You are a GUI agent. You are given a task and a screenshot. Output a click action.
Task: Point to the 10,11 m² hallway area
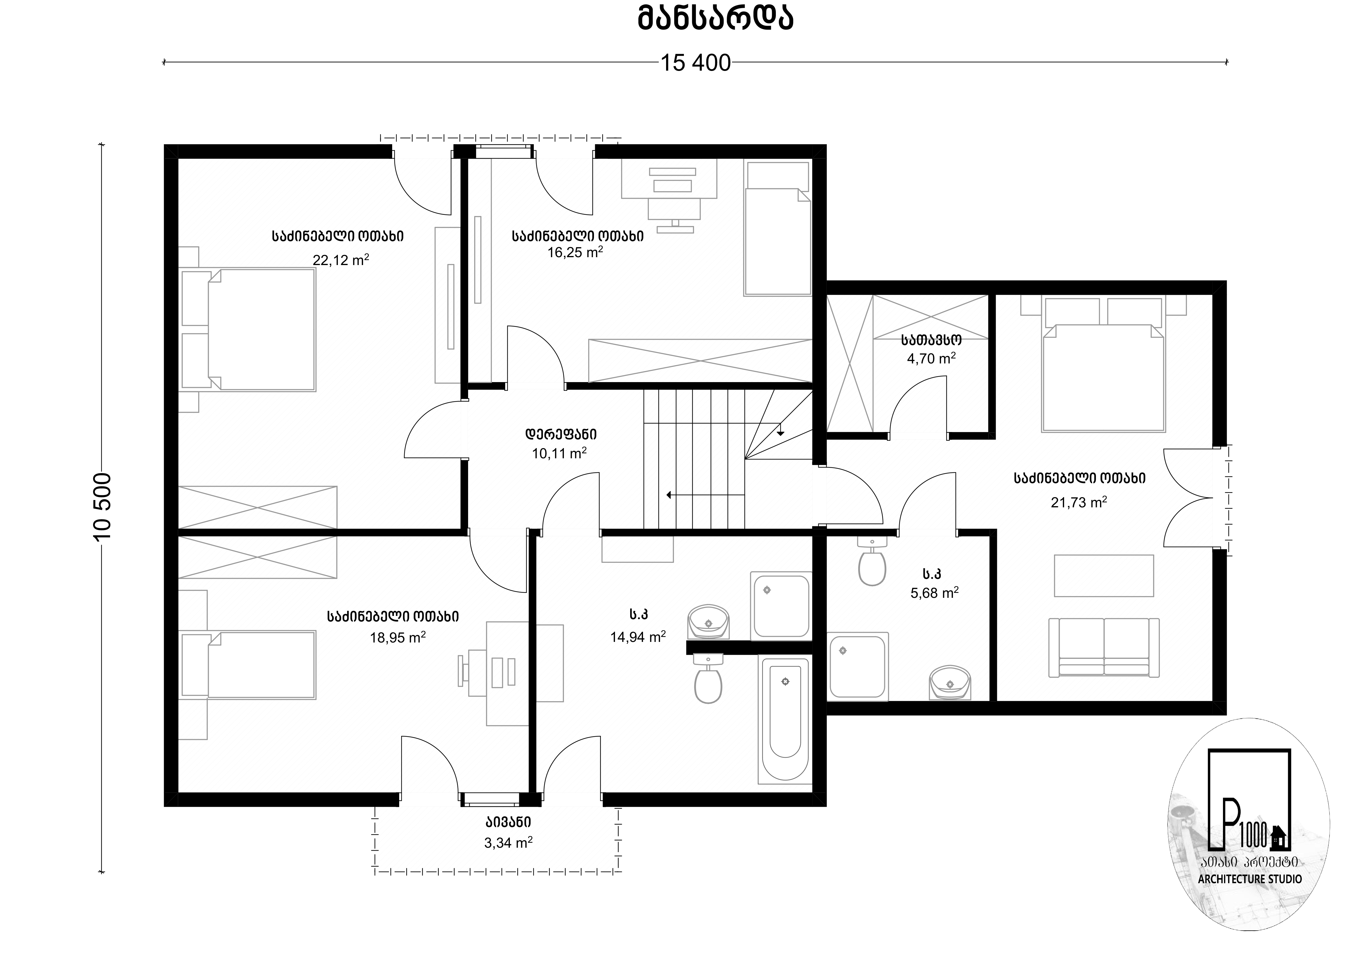point(559,454)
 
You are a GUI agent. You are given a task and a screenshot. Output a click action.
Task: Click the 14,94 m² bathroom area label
point(637,637)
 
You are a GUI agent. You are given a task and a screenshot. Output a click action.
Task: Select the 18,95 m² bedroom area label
point(397,638)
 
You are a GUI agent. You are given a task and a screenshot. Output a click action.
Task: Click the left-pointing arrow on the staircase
point(705,494)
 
